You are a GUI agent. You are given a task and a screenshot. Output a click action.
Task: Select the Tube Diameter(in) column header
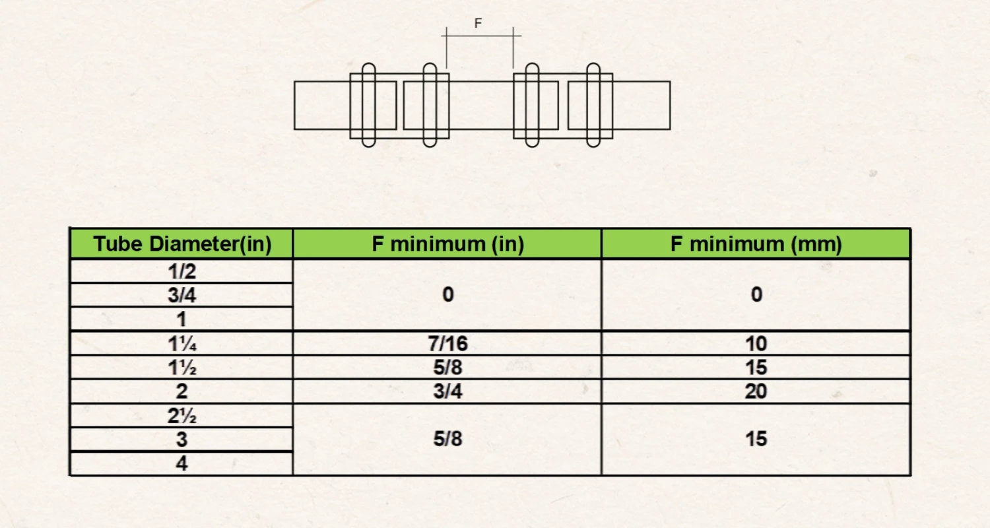point(182,244)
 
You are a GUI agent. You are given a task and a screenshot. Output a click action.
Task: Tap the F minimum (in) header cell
point(447,244)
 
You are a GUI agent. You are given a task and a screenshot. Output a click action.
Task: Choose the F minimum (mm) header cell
point(756,244)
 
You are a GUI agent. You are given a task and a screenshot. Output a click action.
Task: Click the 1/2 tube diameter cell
point(182,271)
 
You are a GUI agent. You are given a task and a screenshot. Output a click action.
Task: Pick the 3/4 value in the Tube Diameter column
point(182,295)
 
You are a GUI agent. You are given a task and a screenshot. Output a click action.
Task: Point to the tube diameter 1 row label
point(182,319)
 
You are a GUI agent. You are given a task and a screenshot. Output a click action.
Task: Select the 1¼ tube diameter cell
point(182,343)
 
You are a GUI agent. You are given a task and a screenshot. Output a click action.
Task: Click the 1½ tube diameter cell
point(182,368)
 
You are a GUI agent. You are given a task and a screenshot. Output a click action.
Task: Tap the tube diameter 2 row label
point(182,391)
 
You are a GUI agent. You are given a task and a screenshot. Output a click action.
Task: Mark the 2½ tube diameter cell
point(182,416)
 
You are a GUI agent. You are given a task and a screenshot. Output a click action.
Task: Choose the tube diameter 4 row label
point(182,464)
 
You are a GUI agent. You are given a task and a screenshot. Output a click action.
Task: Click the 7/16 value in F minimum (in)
point(447,343)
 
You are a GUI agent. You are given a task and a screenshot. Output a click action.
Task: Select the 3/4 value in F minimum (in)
point(447,391)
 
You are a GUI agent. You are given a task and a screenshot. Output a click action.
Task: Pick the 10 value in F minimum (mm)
point(756,343)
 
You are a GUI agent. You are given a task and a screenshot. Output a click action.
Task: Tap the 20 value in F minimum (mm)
point(756,391)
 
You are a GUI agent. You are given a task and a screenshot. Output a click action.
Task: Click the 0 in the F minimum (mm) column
point(756,295)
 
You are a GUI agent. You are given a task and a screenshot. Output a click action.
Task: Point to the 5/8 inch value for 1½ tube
point(447,368)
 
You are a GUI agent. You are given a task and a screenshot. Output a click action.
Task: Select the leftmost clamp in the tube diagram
point(369,105)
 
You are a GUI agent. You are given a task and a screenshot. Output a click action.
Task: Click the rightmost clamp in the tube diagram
point(593,105)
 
